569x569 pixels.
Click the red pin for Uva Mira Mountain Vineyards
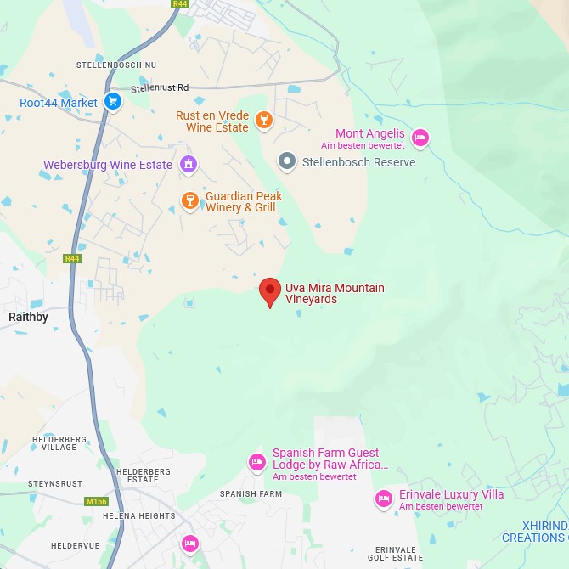[x=270, y=291]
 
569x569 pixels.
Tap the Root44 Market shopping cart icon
[x=113, y=103]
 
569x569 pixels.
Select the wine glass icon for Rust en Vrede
[x=264, y=120]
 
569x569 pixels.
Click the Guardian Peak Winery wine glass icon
[x=189, y=201]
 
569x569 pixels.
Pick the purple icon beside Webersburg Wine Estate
[x=189, y=164]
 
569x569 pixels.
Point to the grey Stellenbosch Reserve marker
[x=287, y=161]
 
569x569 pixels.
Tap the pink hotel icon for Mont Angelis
[x=420, y=137]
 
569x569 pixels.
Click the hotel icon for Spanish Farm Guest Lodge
[x=256, y=463]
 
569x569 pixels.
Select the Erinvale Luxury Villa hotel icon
[x=384, y=498]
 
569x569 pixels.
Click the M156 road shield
[x=97, y=501]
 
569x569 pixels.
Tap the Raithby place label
[x=28, y=317]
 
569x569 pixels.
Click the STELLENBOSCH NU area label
[x=116, y=65]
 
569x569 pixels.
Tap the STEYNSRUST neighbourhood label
[x=55, y=483]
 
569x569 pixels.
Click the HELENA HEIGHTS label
[x=138, y=515]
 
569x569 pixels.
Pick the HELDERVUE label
[x=75, y=544]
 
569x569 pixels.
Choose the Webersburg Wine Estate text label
[x=108, y=165]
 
